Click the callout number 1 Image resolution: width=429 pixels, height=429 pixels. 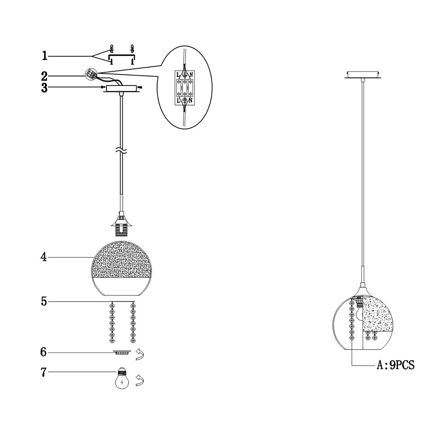pos(44,56)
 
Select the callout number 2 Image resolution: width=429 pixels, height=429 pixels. pos(44,76)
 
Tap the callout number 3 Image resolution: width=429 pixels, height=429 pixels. pos(44,88)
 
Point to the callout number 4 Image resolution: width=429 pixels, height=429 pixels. pos(44,257)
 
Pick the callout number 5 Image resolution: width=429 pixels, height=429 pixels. pos(44,302)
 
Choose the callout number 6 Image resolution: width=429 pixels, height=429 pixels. pos(43,352)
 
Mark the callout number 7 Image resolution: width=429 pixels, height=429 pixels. pos(43,372)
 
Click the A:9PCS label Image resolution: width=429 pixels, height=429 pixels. pos(396,365)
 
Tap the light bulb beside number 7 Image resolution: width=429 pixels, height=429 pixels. pos(122,378)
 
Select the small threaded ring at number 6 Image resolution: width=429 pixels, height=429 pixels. pos(122,352)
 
